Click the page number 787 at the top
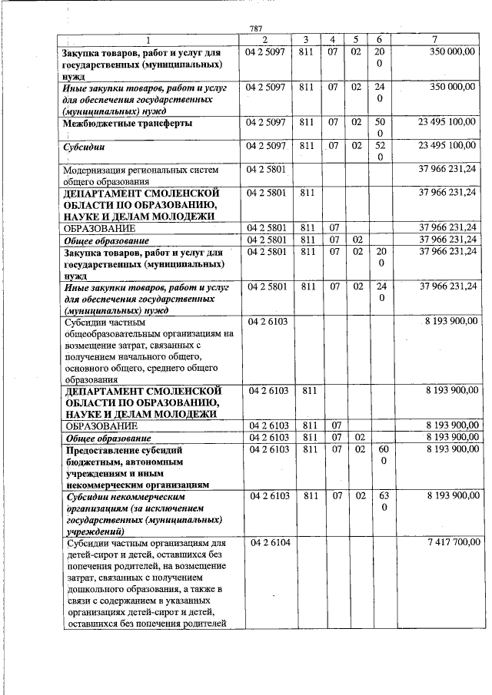[256, 29]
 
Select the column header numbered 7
[435, 40]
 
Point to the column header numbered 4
[332, 40]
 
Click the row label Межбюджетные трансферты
[128, 123]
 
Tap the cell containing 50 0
[380, 128]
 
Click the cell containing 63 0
[380, 502]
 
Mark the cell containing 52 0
[380, 151]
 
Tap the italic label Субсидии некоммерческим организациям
[131, 514]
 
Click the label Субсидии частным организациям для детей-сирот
[146, 583]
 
